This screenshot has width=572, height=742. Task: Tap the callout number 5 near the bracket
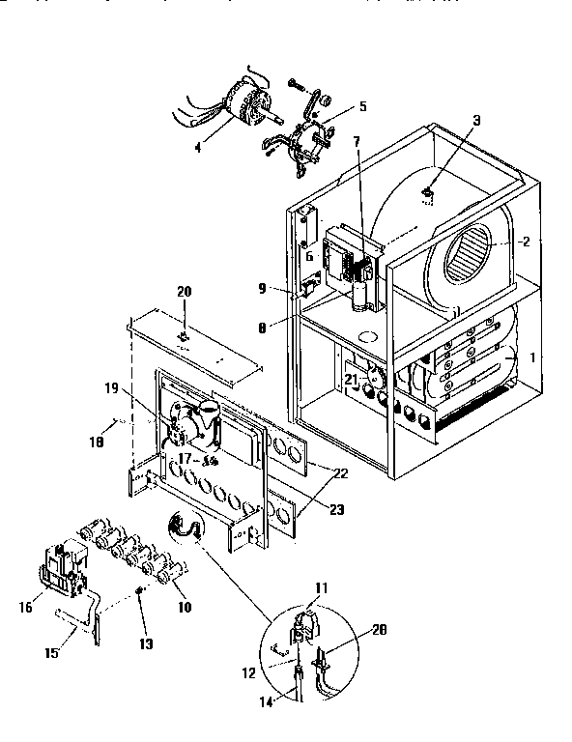[337, 105]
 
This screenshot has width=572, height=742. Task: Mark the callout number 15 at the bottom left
[51, 653]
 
